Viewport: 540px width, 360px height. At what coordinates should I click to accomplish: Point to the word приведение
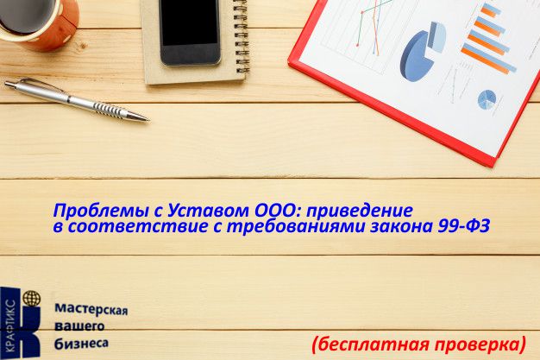360,211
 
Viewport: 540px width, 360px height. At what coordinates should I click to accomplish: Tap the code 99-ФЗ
464,226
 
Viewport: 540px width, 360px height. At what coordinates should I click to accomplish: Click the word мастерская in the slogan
91,309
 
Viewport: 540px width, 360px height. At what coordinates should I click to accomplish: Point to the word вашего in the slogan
79,326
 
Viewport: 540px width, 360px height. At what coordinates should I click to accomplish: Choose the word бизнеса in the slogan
82,343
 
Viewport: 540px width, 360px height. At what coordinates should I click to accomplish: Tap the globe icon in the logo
32,298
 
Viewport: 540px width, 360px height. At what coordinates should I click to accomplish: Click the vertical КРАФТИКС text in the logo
10,325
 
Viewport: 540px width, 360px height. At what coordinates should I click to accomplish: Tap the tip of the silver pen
148,120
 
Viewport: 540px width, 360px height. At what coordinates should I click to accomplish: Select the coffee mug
38,23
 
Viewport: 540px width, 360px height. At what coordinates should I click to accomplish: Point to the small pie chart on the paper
487,99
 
